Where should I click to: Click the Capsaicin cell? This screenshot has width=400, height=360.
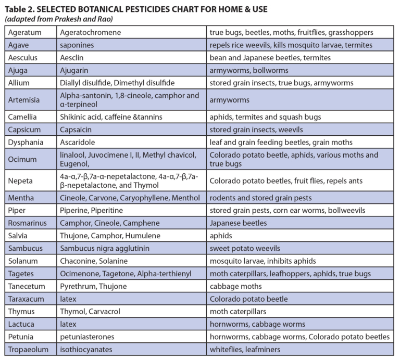click(77, 130)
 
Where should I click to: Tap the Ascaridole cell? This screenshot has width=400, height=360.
click(78, 142)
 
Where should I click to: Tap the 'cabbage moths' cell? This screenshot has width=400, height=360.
click(235, 286)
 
